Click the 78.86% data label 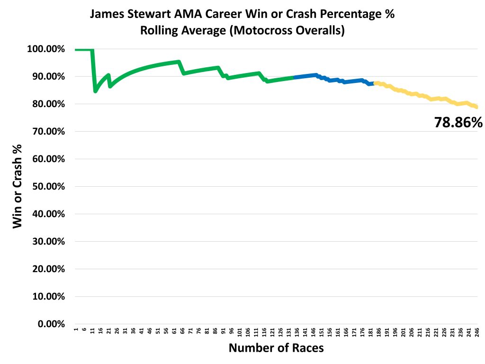[x=458, y=123]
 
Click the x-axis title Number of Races [x=276, y=348]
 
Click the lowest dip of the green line [x=95, y=91]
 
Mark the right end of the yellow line [x=476, y=107]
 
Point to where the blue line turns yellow [x=374, y=83]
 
